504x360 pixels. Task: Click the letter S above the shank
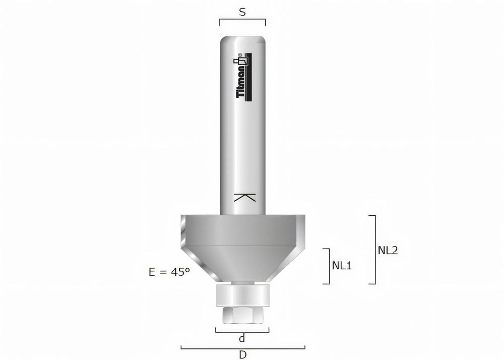[x=242, y=12]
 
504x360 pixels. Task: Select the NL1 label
[x=342, y=266]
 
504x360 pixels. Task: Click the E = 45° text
[x=169, y=272]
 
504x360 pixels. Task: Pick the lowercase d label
[x=242, y=339]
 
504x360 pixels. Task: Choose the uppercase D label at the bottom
[x=242, y=354]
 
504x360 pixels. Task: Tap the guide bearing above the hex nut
[x=242, y=295]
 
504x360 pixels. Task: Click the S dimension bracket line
[x=242, y=20]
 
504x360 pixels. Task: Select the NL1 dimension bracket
[x=328, y=266]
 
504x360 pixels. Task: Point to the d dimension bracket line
[x=242, y=332]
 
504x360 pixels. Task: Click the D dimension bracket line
[x=242, y=347]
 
